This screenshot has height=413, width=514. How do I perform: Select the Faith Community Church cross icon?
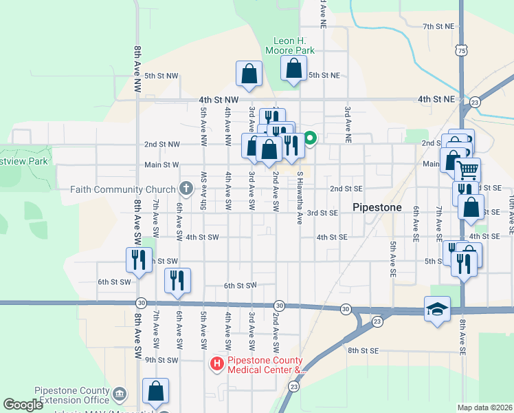pyautogui.click(x=186, y=188)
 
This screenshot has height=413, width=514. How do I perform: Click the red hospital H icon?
pyautogui.click(x=217, y=363)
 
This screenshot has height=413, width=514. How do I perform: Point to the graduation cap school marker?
pyautogui.click(x=437, y=310)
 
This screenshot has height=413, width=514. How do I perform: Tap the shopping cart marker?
pyautogui.click(x=467, y=169)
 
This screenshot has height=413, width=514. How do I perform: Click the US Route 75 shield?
pyautogui.click(x=462, y=50)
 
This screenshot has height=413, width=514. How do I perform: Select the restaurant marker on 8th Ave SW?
pyautogui.click(x=139, y=260)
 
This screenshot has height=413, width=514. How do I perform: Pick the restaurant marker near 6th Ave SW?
pyautogui.click(x=177, y=281)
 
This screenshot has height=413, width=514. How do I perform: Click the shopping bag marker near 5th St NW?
pyautogui.click(x=249, y=74)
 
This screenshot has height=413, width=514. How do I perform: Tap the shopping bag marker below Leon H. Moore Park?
pyautogui.click(x=293, y=69)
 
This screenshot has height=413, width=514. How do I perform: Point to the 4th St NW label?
pyautogui.click(x=219, y=100)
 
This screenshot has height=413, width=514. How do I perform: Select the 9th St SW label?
pyautogui.click(x=161, y=360)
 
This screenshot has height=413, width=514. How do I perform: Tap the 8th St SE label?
pyautogui.click(x=363, y=350)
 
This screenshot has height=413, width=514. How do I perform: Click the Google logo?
pyautogui.click(x=23, y=405)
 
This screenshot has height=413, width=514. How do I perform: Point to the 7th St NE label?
pyautogui.click(x=439, y=26)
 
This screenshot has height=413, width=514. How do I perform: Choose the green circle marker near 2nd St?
pyautogui.click(x=310, y=138)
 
